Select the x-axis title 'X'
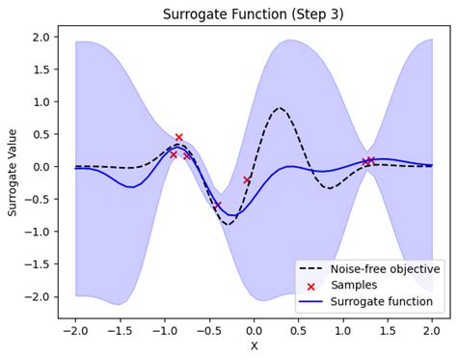pyautogui.click(x=255, y=346)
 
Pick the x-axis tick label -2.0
pyautogui.click(x=75, y=328)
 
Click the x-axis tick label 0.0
pyautogui.click(x=255, y=328)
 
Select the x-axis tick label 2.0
pyautogui.click(x=432, y=328)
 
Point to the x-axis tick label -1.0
pyautogui.click(x=165, y=328)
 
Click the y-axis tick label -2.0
pyautogui.click(x=38, y=297)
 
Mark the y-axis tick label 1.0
pyautogui.click(x=40, y=101)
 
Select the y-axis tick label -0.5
pyautogui.click(x=38, y=200)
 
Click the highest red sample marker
pyautogui.click(x=178, y=138)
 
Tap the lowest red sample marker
pyautogui.click(x=218, y=206)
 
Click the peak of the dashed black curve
pyautogui.click(x=280, y=108)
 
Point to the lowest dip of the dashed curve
pyautogui.click(x=228, y=224)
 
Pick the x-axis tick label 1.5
pyautogui.click(x=388, y=328)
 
